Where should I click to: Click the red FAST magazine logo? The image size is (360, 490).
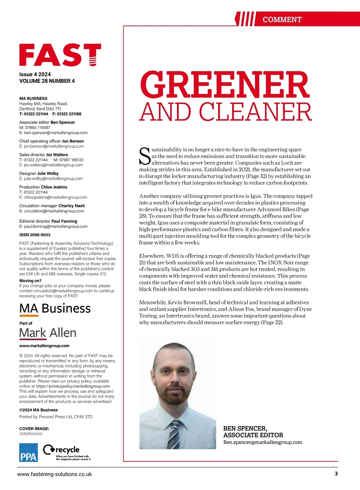point(60,55)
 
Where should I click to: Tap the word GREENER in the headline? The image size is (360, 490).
point(224,85)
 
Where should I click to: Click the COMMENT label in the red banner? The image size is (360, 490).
point(282,19)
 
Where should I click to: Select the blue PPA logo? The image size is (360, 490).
point(28,452)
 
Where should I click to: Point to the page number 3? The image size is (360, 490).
point(336,474)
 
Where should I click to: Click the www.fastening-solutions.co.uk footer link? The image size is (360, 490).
point(55,474)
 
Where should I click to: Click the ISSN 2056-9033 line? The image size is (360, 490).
point(35,235)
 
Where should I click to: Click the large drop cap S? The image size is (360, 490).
point(145,156)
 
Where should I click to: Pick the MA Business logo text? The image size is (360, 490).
point(55,308)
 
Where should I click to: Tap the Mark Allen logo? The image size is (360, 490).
point(48,333)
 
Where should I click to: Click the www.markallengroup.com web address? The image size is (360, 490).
point(44,345)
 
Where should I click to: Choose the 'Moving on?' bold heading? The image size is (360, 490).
point(30,281)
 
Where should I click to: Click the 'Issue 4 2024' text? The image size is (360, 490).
point(35,74)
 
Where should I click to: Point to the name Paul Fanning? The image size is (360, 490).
point(64,221)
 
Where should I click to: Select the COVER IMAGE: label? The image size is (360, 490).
point(34,429)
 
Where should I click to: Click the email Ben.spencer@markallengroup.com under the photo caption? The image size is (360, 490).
point(262,442)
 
